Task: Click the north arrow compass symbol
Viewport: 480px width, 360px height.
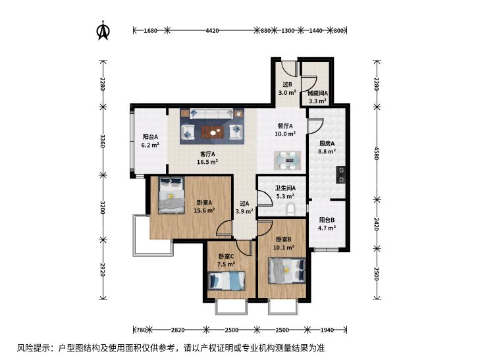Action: click(x=103, y=30)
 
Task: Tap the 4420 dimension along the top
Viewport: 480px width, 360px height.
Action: click(x=212, y=30)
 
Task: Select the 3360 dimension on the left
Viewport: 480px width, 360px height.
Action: click(x=103, y=141)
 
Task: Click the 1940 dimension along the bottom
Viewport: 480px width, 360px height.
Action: click(x=327, y=330)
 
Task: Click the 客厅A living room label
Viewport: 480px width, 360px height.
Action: click(x=207, y=154)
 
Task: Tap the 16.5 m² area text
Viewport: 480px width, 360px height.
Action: click(x=207, y=162)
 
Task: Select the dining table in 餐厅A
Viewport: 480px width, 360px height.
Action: click(x=288, y=161)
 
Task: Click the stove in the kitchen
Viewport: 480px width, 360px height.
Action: click(x=340, y=175)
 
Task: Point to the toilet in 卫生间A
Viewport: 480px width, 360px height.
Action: click(x=290, y=210)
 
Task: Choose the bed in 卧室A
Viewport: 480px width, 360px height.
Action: click(x=171, y=195)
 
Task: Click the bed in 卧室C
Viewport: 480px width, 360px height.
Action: click(x=227, y=281)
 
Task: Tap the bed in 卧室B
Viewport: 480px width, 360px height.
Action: click(x=287, y=271)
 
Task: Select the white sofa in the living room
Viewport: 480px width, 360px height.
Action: click(x=211, y=113)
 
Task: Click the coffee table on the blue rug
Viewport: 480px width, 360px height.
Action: click(x=213, y=132)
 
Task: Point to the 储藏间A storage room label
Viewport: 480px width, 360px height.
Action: click(x=318, y=93)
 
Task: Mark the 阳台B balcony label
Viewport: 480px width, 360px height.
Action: click(x=327, y=220)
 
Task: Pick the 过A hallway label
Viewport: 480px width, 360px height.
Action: click(x=244, y=203)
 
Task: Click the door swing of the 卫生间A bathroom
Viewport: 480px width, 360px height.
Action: click(x=265, y=199)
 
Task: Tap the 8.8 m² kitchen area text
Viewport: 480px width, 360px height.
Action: click(x=327, y=151)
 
